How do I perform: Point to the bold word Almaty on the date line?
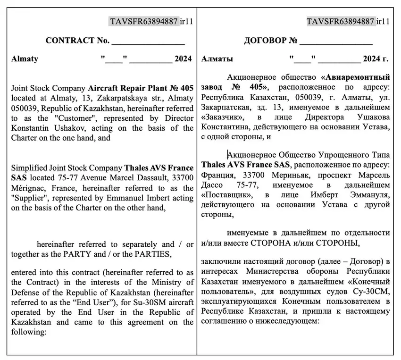coord(25,59)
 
